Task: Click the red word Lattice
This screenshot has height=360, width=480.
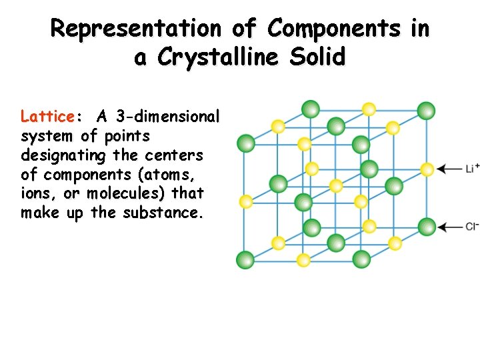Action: (48, 117)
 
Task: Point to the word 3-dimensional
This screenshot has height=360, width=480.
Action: (167, 117)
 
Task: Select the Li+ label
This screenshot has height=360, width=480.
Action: (472, 168)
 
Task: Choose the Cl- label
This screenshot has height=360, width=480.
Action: (472, 227)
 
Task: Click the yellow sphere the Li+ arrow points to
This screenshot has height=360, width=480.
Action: (427, 169)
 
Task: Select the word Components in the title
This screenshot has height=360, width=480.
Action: (335, 29)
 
